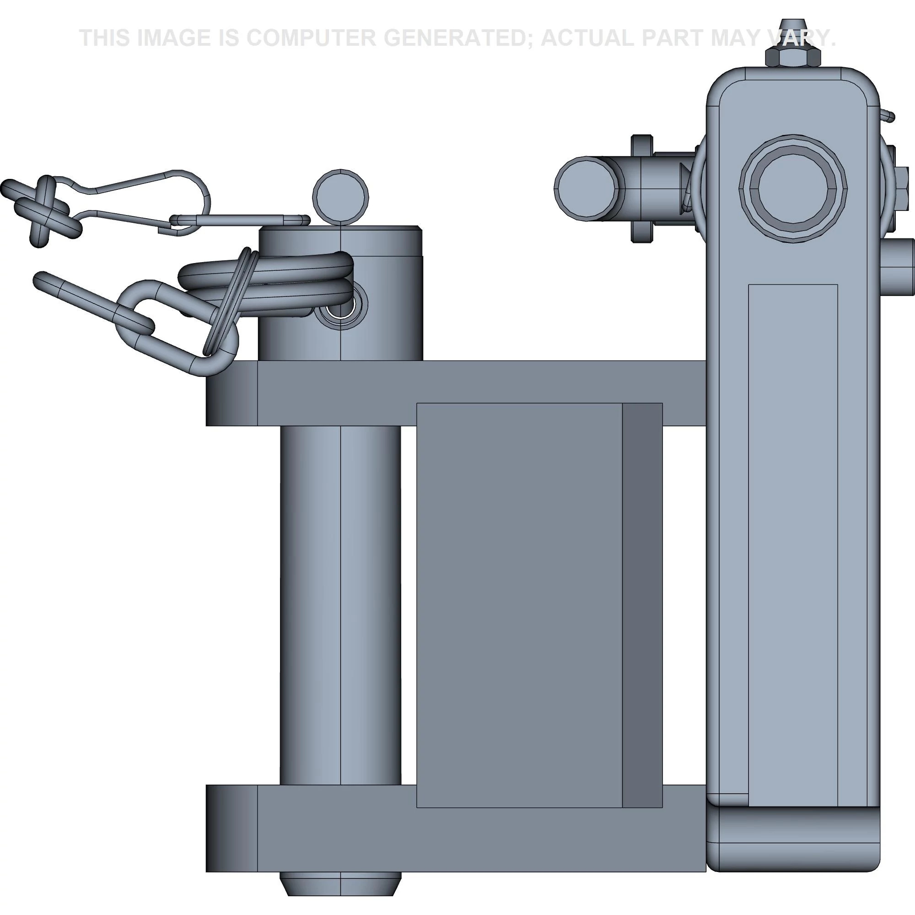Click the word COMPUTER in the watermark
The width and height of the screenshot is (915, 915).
(310, 38)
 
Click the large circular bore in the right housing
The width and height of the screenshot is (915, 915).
(793, 188)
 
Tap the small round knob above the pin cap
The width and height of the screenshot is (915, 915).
(340, 196)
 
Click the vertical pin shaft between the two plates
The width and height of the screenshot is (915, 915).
(340, 606)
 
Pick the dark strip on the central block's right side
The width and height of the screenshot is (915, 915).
(642, 606)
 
